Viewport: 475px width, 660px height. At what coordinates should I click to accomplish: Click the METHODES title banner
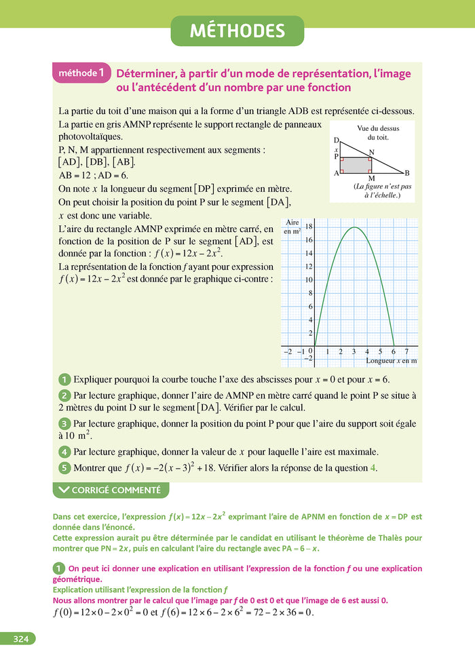tap(237, 31)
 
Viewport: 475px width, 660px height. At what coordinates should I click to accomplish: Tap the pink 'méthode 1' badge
tap(81, 72)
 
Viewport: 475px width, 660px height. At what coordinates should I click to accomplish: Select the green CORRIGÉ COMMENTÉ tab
tap(110, 490)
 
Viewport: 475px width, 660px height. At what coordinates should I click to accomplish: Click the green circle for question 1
tap(64, 380)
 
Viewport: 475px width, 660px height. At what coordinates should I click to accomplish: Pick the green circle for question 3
tap(64, 423)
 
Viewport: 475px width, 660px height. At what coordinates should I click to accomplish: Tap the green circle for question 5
tap(64, 467)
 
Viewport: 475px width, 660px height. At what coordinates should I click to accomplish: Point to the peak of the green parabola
tap(354, 227)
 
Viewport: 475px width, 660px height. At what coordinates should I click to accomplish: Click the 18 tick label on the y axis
tap(308, 227)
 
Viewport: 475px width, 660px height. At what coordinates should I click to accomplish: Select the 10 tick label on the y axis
tap(308, 279)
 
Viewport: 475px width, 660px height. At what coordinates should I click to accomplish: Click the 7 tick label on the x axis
tap(406, 351)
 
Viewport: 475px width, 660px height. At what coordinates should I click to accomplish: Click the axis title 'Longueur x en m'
tap(391, 361)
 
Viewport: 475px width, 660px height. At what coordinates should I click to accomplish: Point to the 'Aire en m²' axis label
tap(292, 227)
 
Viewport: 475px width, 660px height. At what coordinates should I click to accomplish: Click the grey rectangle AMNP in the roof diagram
tap(356, 165)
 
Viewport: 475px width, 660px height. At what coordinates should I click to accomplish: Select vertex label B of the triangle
tap(406, 173)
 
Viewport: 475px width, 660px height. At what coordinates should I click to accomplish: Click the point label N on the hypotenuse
tap(371, 152)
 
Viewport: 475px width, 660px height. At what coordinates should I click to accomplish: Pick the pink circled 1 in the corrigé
tap(58, 568)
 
